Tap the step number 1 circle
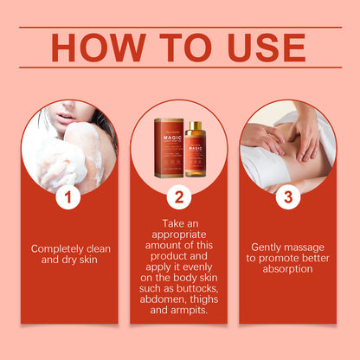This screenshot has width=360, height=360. pyautogui.click(x=69, y=197)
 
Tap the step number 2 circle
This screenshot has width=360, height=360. pyautogui.click(x=179, y=197)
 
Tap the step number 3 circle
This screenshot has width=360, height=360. pyautogui.click(x=288, y=197)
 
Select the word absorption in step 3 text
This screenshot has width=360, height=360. pyautogui.click(x=288, y=268)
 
